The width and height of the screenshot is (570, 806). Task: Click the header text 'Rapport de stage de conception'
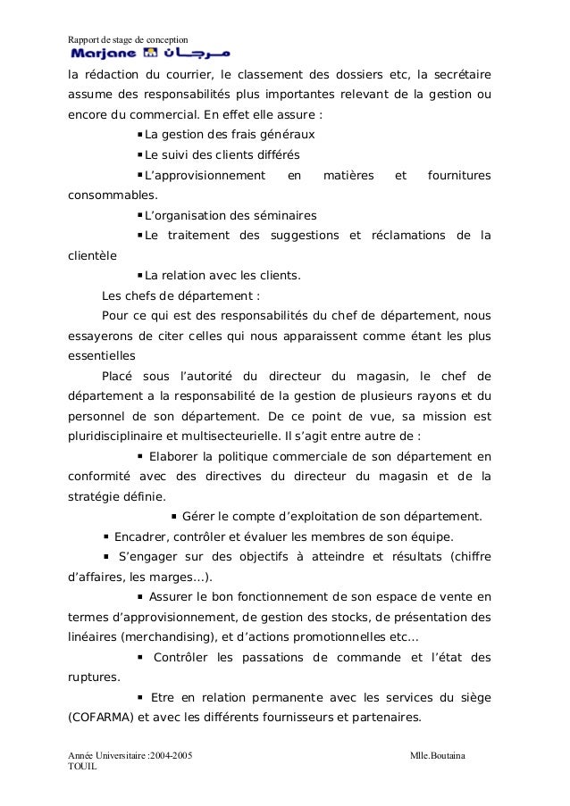pos(129,39)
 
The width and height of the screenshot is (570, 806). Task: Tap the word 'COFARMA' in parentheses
pos(100,716)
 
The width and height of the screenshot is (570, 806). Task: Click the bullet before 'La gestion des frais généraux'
pos(140,135)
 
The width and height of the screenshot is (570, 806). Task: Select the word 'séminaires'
pos(286,215)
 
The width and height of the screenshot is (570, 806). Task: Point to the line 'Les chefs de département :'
pos(181,295)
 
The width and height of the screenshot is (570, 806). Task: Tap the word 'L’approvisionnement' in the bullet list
pos(205,175)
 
